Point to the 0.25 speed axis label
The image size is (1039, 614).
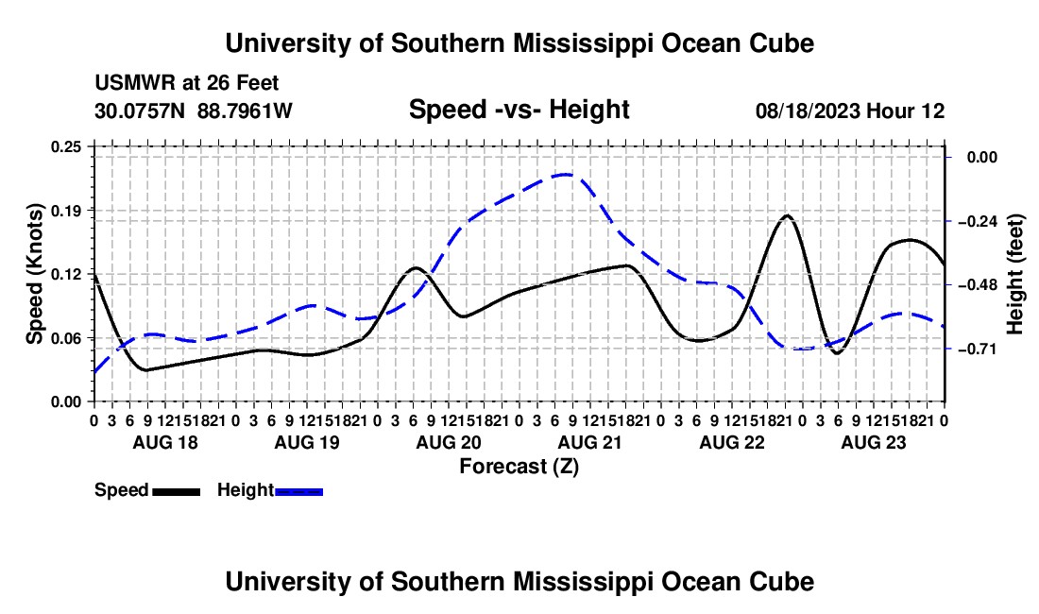pos(65,146)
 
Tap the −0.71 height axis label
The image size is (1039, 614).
pos(978,349)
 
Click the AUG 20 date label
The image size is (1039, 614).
pos(449,442)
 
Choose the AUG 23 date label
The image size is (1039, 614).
pos(874,442)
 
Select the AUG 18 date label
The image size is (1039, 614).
pos(165,442)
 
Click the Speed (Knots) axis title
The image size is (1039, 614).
pos(34,274)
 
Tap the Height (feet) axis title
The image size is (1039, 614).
pos(1014,274)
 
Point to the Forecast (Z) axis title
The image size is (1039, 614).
pos(519,467)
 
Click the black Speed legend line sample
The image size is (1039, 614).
pos(177,491)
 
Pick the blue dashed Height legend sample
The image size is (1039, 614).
pos(298,491)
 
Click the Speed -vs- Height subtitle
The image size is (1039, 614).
pos(519,110)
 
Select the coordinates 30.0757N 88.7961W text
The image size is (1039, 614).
pos(194,111)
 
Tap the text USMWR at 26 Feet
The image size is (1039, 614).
pos(187,83)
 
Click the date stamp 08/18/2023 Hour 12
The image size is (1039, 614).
pos(850,111)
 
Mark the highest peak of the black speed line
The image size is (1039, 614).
pos(787,215)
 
